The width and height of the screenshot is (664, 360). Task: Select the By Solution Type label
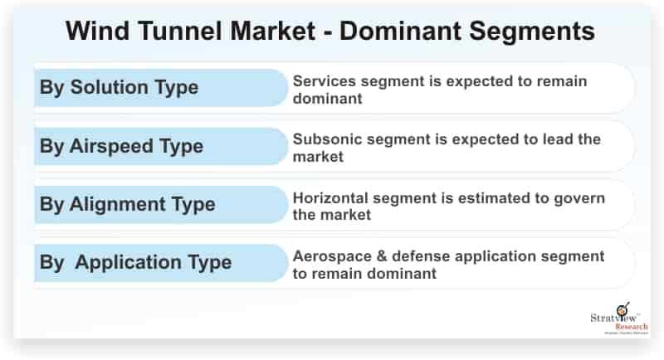click(x=119, y=88)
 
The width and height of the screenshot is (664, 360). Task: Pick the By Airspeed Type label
click(x=121, y=146)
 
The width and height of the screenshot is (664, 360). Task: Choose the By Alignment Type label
click(x=128, y=204)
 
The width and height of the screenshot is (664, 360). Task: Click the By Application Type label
click(x=135, y=262)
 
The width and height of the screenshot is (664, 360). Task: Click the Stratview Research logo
click(x=619, y=319)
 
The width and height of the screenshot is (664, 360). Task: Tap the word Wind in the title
click(x=98, y=31)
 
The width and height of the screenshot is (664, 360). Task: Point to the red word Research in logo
click(x=632, y=327)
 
